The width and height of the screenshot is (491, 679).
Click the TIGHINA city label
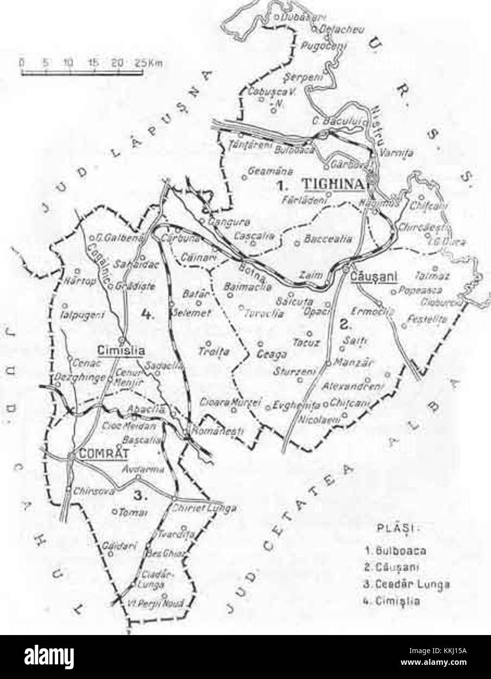tap(334, 184)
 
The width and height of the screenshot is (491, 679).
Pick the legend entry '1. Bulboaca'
tap(396, 550)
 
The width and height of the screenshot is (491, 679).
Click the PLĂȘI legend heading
tap(393, 528)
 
